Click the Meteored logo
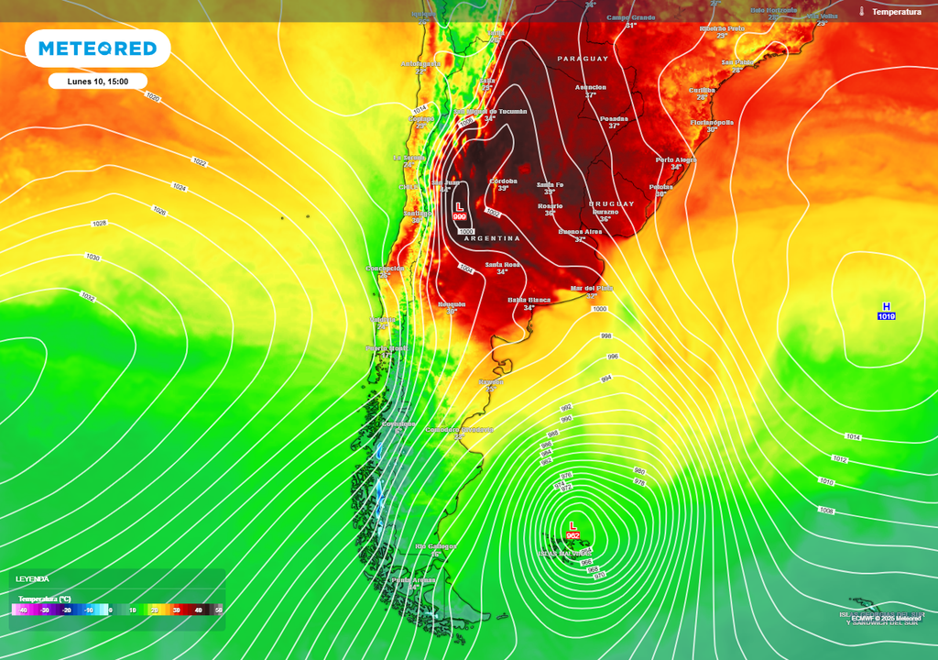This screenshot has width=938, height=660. pos(97,48)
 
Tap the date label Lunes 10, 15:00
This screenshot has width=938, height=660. pos(97,81)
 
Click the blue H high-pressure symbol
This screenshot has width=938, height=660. pos(886,307)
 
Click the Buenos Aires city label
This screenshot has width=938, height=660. pos(580,232)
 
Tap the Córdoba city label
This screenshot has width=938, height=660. pos(504,181)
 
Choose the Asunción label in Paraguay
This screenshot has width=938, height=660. pos(590,87)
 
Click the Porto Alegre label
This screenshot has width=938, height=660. pos(676,159)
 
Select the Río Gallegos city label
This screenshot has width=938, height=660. pos(435,546)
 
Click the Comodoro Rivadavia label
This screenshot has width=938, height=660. pos(461,429)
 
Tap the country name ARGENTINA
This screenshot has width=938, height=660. pos(491,238)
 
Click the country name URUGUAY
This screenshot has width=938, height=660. pos(611,203)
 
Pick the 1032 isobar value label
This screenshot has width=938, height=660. pos(88,297)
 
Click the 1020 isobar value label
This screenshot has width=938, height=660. pos(152,97)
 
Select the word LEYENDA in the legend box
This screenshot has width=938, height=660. pos(33,579)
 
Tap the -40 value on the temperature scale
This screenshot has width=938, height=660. pos(22,610)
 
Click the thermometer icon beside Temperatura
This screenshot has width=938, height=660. pos(862,11)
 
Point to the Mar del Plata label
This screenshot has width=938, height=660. pos(591,288)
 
